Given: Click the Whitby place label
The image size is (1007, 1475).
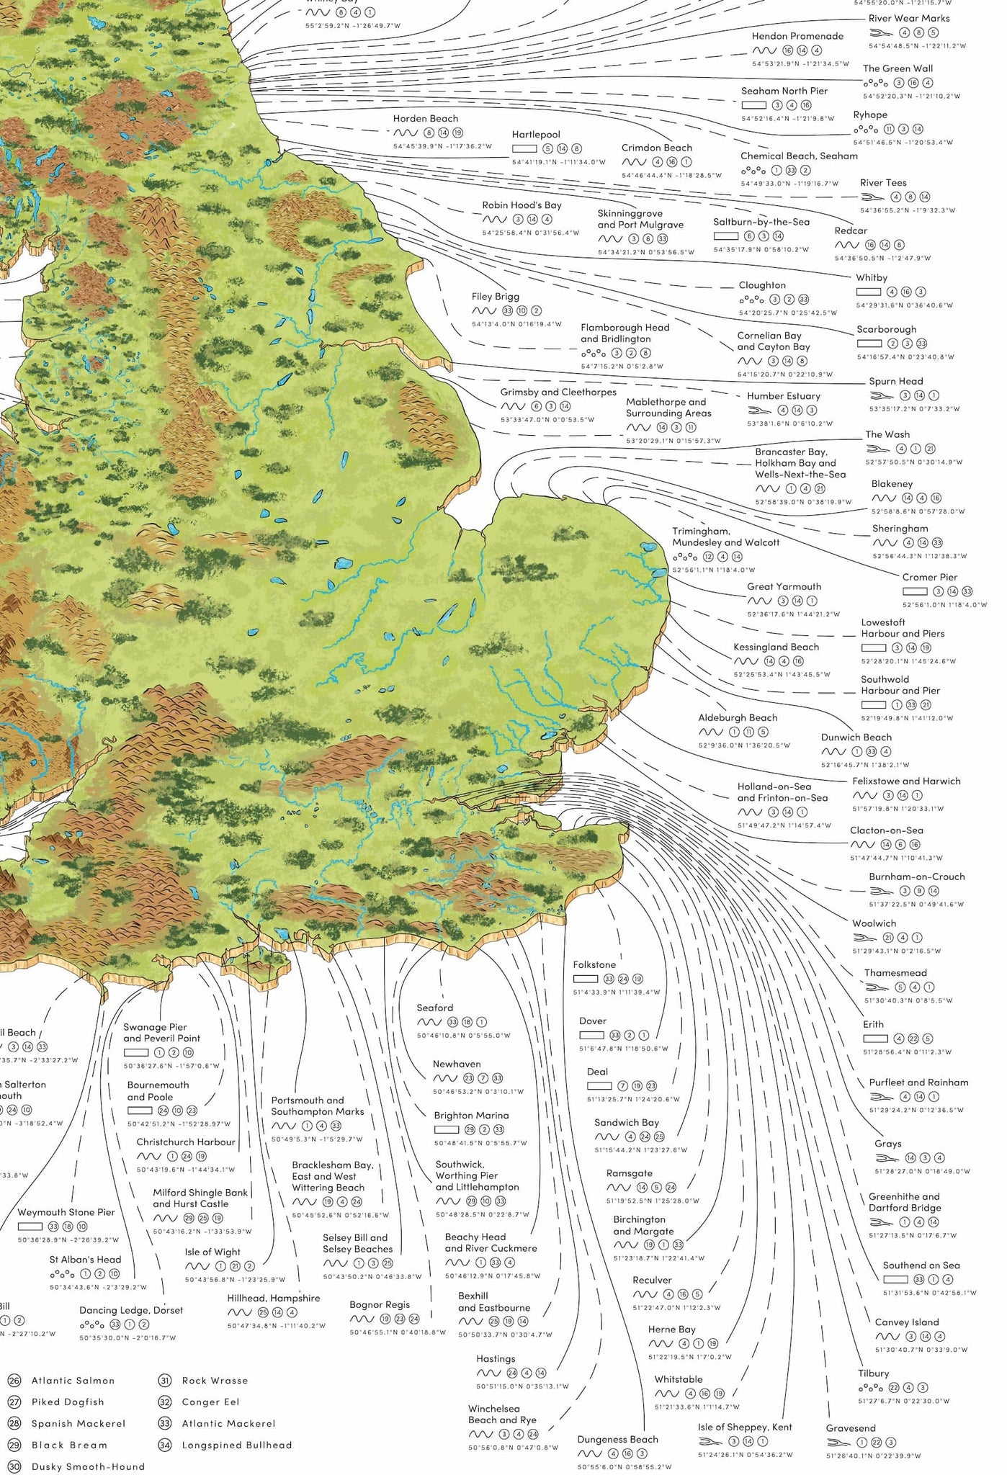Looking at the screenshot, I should point(871,277).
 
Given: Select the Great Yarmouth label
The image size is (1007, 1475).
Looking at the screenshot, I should point(784,586).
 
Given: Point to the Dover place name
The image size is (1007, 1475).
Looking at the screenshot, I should point(592,1021).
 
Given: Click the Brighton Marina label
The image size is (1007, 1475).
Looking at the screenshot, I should point(471,1115).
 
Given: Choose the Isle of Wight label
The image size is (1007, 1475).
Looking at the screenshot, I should point(212,1252).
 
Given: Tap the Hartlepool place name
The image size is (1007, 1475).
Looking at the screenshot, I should point(535,135).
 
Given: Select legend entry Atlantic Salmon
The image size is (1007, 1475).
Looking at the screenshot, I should point(73,1380).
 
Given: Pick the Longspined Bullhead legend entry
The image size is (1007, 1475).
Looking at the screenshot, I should point(236,1444).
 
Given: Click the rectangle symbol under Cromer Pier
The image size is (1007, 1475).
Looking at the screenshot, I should point(915,591).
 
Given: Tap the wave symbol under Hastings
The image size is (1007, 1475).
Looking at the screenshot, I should point(488,1373).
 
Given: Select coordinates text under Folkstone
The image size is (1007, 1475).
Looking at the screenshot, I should point(616,992).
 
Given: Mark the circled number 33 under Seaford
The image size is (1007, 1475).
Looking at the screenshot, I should point(452,1022).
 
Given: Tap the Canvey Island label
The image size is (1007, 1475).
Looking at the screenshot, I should point(906,1322).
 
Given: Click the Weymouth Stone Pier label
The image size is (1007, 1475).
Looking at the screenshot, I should point(66,1212).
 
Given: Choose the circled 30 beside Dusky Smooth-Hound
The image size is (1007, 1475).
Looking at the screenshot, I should point(14,1466).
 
